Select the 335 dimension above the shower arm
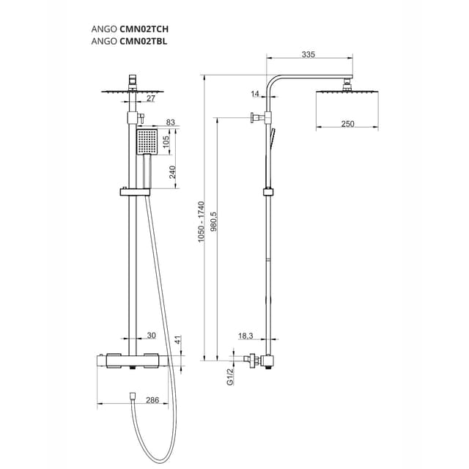coord(308,53)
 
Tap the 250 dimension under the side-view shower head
coord(347,124)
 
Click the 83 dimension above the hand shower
coord(171,122)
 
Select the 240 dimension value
coord(173,172)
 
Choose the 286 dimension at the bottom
coord(152,400)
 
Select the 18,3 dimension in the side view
coord(245,336)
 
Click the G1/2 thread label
coord(229,377)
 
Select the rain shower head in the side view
coord(347,92)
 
